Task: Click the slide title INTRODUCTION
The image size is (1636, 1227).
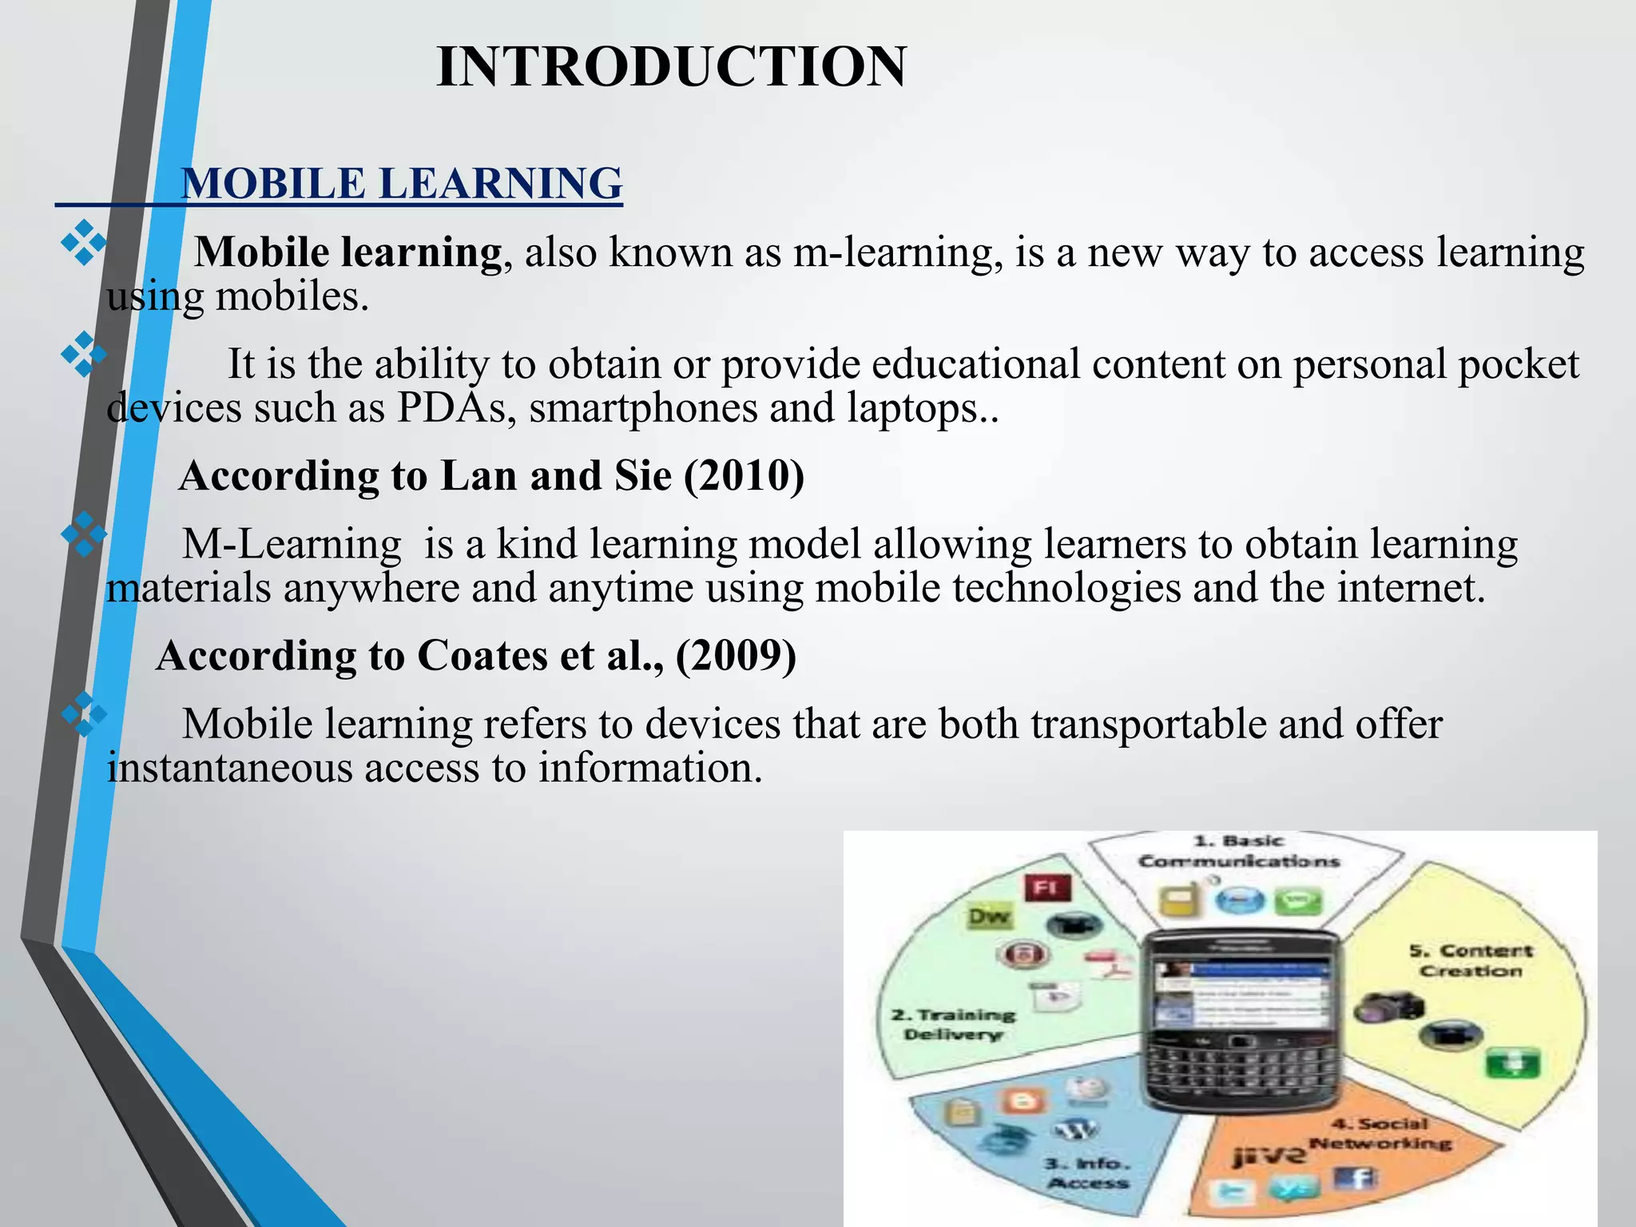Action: pyautogui.click(x=671, y=67)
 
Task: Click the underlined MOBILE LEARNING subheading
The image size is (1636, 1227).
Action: pyautogui.click(x=401, y=184)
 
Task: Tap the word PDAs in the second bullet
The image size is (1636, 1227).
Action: pyautogui.click(x=451, y=408)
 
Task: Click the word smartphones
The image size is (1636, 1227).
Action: pyautogui.click(x=642, y=408)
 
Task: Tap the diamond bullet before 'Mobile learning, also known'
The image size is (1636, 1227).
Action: pyautogui.click(x=83, y=243)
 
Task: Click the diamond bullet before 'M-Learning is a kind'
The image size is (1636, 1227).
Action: pyautogui.click(x=83, y=534)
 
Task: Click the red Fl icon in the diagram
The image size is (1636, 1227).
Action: pyautogui.click(x=1046, y=887)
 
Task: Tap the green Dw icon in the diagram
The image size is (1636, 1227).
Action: pyautogui.click(x=989, y=917)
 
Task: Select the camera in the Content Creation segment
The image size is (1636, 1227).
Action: pyautogui.click(x=1388, y=1007)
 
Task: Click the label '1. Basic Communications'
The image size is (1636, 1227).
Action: pyautogui.click(x=1237, y=852)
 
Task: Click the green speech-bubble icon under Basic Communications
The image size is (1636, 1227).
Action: pyautogui.click(x=1298, y=903)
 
